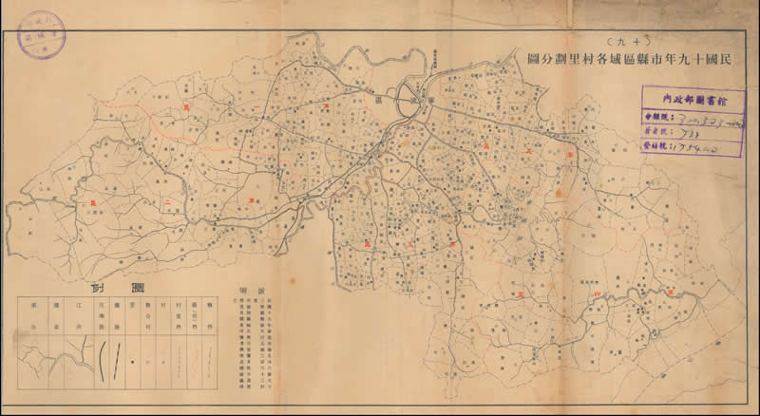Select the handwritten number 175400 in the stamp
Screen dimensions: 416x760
pyautogui.click(x=690, y=150)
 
